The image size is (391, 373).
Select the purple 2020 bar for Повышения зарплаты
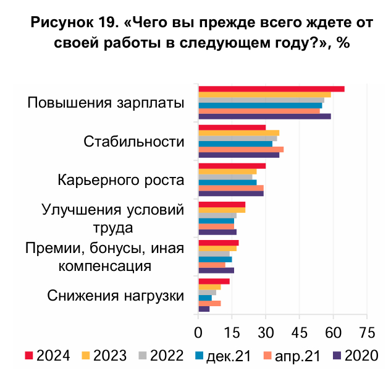click(264, 116)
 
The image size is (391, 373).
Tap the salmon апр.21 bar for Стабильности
click(240, 149)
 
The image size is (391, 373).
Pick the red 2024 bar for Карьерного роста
click(232, 166)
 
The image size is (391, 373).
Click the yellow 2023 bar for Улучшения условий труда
click(222, 210)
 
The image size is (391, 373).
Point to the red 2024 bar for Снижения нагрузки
click(214, 281)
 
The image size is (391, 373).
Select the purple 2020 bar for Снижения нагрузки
click(204, 309)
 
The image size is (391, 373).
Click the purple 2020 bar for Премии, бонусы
click(216, 270)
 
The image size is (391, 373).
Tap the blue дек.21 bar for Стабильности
click(235, 144)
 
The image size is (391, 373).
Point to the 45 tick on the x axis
click(299, 332)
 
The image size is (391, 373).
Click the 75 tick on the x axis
click(367, 332)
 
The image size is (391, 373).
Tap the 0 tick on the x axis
click(198, 332)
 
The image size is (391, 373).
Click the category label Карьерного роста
click(121, 181)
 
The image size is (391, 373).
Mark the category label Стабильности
click(134, 142)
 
